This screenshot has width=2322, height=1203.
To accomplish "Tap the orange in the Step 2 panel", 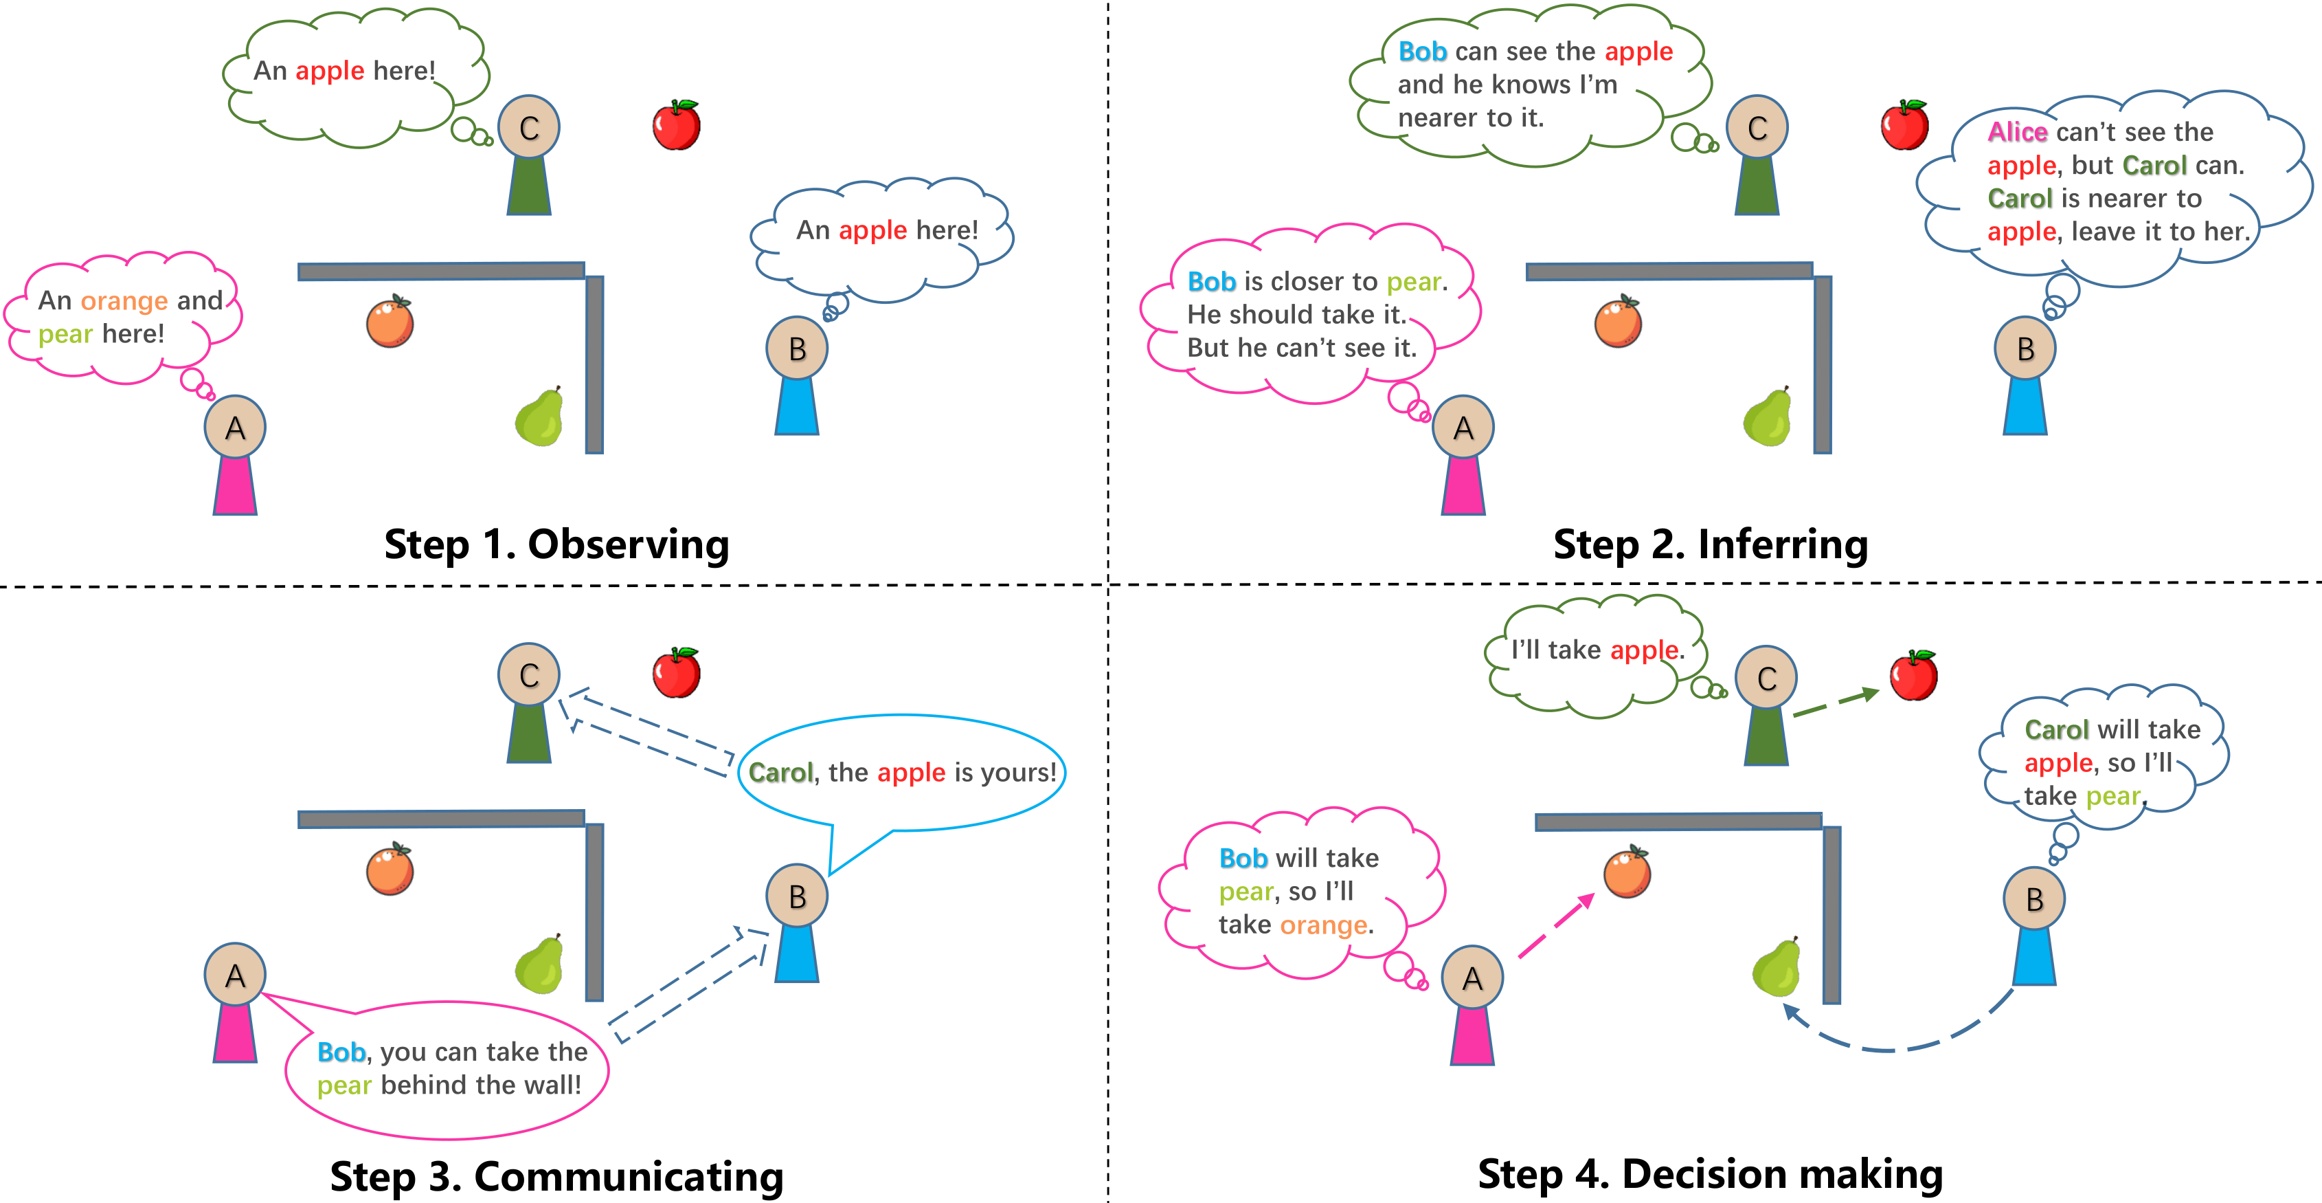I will pos(1618,322).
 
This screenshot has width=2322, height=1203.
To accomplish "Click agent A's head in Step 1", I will pos(234,427).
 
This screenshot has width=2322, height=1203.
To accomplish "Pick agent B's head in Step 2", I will pos(2025,348).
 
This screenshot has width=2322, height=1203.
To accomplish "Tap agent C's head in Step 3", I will pos(529,674).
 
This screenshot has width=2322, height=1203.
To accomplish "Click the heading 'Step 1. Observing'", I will pos(556,544).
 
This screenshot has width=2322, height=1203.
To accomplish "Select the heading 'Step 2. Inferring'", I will pos(1710,544).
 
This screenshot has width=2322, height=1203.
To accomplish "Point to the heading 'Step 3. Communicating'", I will pos(556,1176).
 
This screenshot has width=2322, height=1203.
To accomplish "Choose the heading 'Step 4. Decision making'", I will pos(1710,1174).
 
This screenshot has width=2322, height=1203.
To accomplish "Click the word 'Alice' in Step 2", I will pos(2018,133).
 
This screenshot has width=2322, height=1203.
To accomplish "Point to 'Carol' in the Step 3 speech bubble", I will pos(780,773).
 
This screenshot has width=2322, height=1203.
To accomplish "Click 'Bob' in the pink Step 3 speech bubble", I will pos(341,1052).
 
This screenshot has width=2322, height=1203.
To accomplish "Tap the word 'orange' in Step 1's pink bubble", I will pos(124,300).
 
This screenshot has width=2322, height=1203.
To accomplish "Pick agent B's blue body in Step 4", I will pos(2034,956).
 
